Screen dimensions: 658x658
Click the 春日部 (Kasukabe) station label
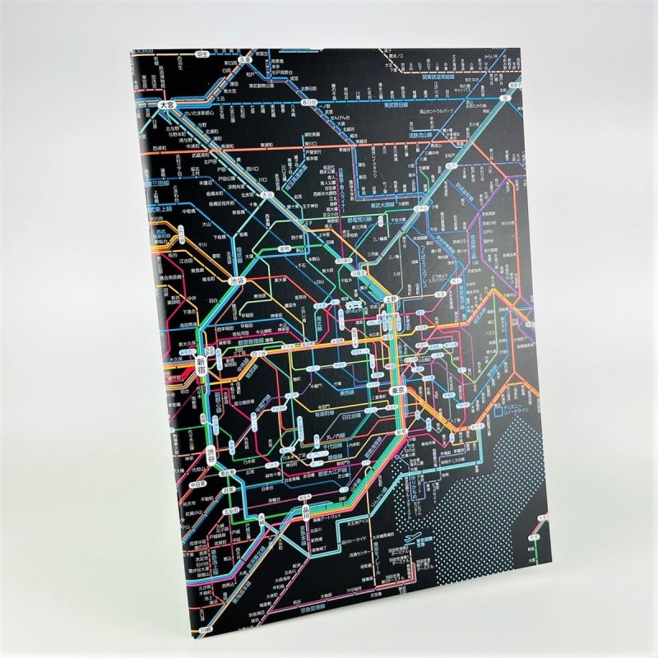pos(308,102)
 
